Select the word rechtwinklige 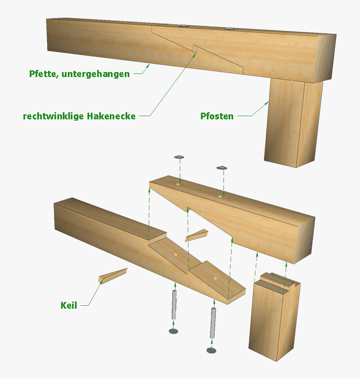coord(53,116)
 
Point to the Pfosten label coord(217,116)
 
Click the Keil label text coord(69,305)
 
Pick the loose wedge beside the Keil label coord(112,275)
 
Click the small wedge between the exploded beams coord(196,235)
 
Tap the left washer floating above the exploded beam coord(179,157)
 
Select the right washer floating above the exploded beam coord(222,168)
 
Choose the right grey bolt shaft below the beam coord(213,322)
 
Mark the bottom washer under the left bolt coord(173,331)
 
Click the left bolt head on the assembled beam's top coord(183,26)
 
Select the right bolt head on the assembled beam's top coord(229,28)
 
